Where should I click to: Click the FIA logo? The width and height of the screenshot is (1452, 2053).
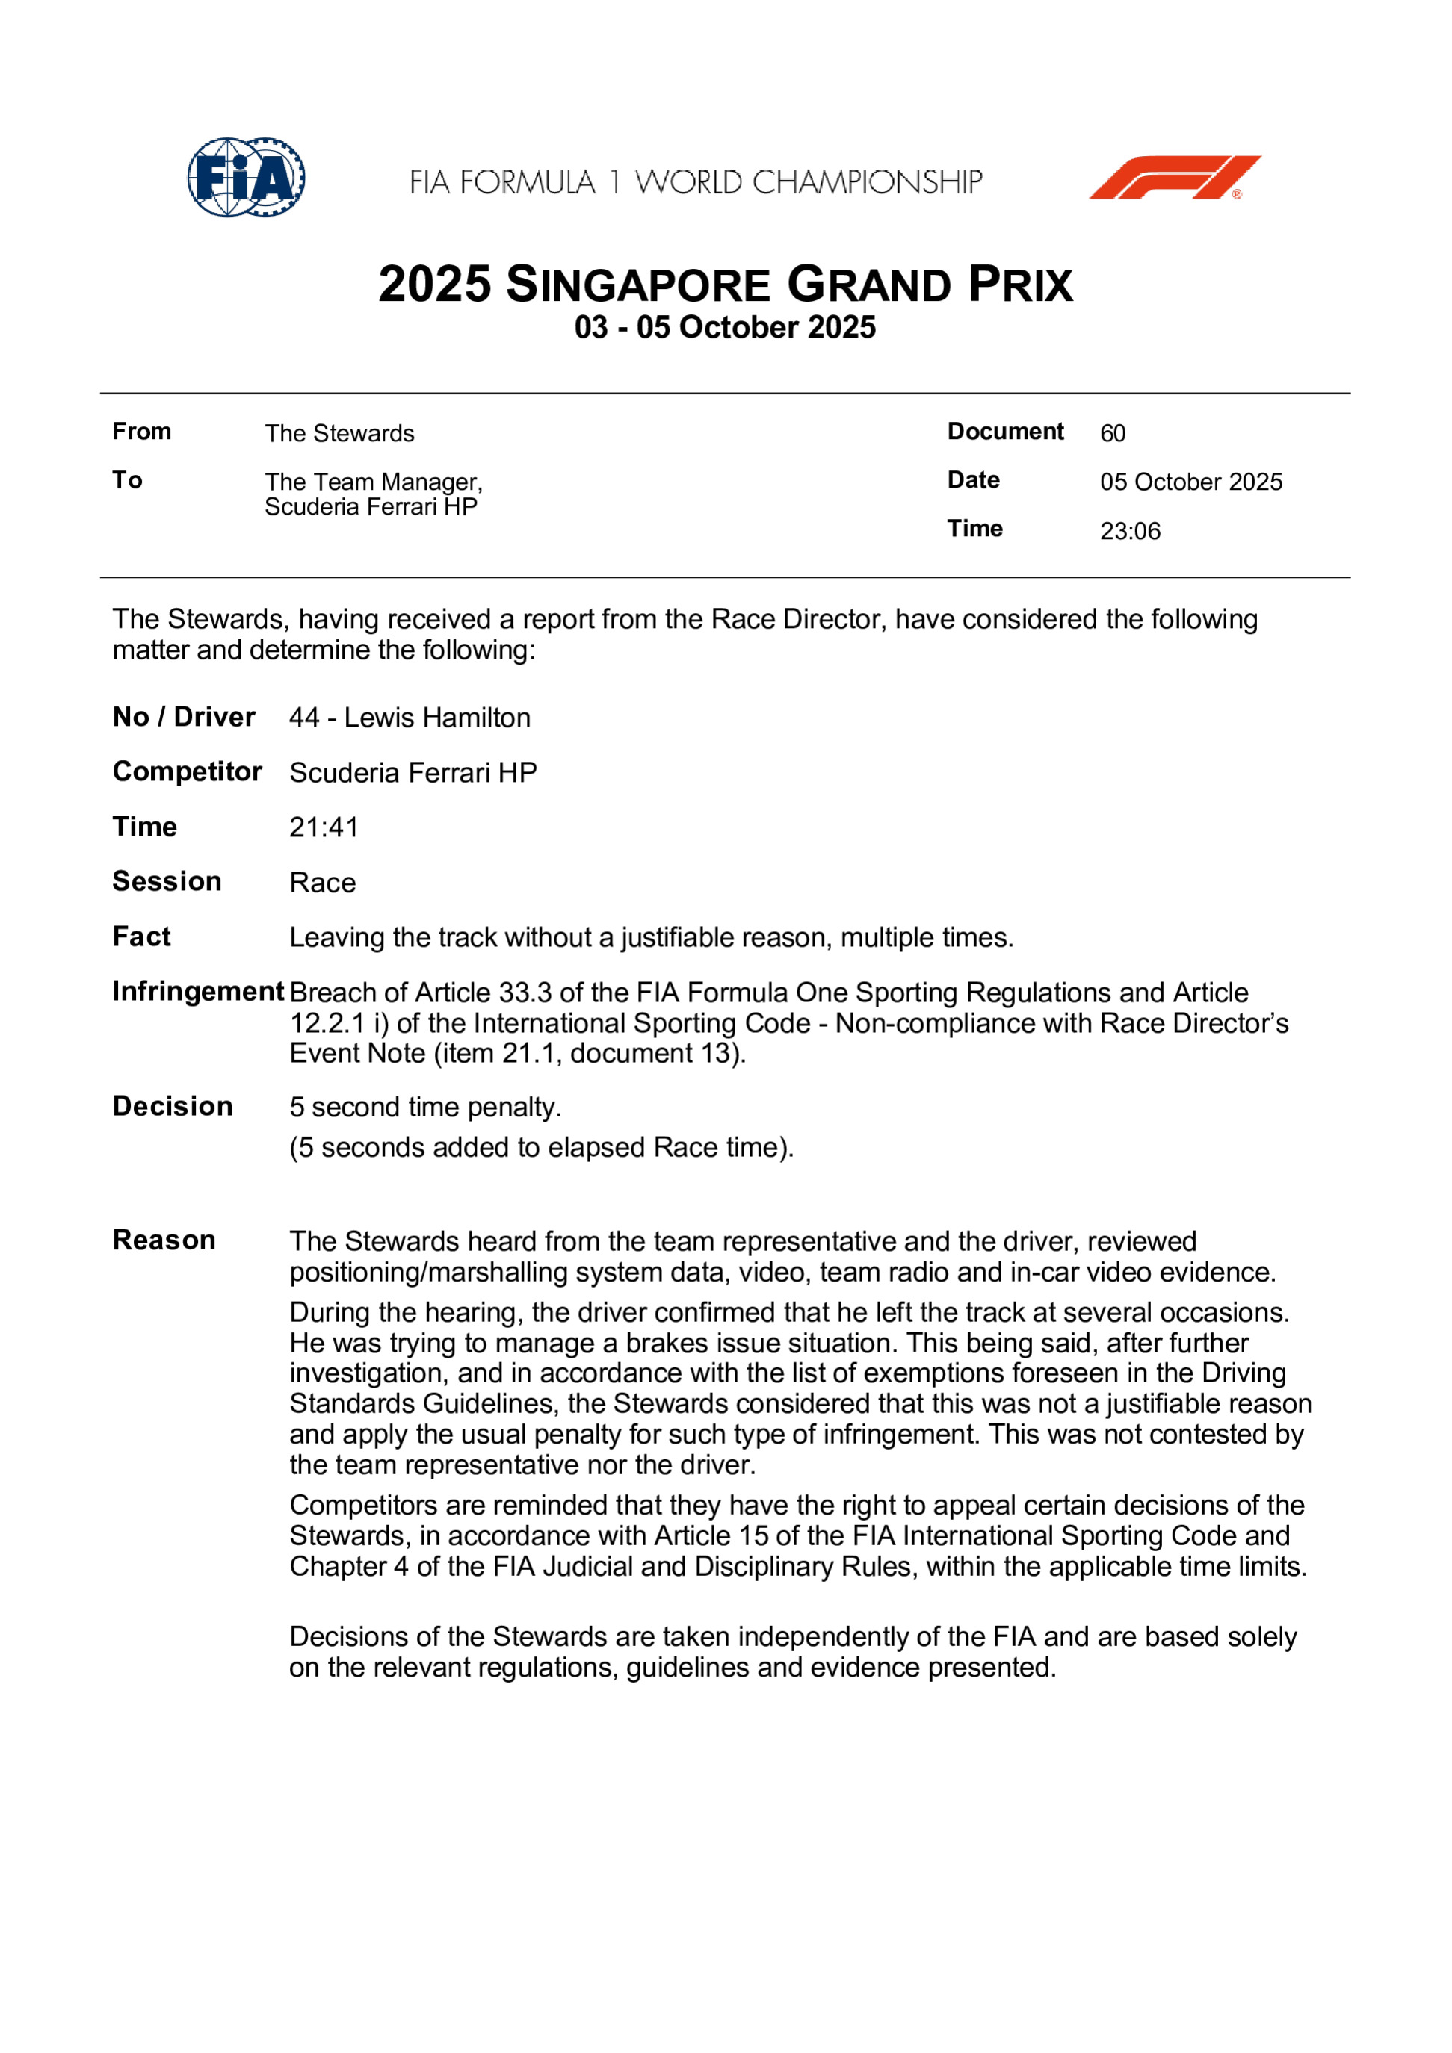(x=246, y=177)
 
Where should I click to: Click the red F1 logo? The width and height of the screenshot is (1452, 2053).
(x=1175, y=177)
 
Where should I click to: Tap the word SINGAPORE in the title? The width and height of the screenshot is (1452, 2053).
(x=638, y=286)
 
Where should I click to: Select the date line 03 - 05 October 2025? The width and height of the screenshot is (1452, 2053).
(x=725, y=327)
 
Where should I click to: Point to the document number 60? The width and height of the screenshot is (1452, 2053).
(x=1113, y=434)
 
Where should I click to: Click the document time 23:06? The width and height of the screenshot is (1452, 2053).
(x=1130, y=531)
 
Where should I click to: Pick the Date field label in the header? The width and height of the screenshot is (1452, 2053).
(x=974, y=480)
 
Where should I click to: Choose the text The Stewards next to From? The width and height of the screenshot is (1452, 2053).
(x=339, y=434)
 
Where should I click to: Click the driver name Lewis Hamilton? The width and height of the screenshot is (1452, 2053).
(x=436, y=718)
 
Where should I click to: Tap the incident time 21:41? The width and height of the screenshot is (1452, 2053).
(x=324, y=828)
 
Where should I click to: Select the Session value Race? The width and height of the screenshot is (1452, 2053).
(x=322, y=883)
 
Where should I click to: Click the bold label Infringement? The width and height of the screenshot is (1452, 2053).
(x=198, y=992)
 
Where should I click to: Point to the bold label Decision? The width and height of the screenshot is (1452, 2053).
(x=173, y=1107)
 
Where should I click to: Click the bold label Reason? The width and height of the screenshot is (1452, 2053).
(x=164, y=1241)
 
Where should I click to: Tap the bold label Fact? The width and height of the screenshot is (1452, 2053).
(x=141, y=937)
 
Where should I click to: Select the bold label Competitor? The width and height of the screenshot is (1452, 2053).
(x=187, y=772)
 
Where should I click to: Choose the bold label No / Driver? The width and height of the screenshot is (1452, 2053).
(x=183, y=717)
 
